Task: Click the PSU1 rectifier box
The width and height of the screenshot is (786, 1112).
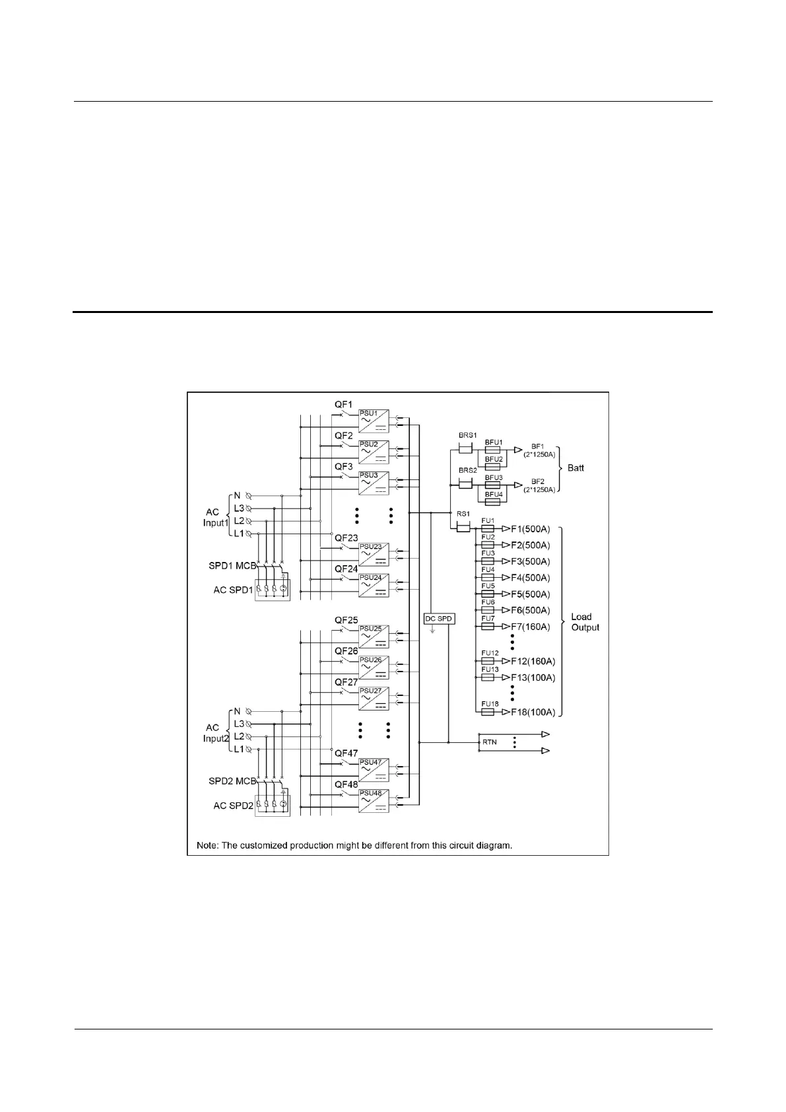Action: (373, 421)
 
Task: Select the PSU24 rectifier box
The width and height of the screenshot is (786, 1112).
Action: (373, 585)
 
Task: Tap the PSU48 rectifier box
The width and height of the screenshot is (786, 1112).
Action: (373, 800)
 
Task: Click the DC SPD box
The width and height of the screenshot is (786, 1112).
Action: (438, 619)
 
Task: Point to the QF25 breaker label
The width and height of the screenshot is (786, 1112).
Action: (346, 620)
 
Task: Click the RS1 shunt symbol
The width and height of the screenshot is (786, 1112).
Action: (463, 528)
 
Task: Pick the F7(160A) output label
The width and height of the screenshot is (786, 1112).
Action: (531, 627)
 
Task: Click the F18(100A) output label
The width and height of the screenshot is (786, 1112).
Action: (533, 712)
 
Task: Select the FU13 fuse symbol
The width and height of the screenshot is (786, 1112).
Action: (488, 678)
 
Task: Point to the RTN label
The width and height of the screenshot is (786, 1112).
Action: (489, 742)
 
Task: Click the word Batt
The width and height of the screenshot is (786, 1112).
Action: (575, 468)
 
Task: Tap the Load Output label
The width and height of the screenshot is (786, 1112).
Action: (585, 622)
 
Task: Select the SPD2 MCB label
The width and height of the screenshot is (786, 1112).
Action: (232, 781)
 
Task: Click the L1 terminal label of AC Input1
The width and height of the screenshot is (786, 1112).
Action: (238, 533)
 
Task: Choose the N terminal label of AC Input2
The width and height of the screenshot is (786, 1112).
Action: (238, 711)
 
